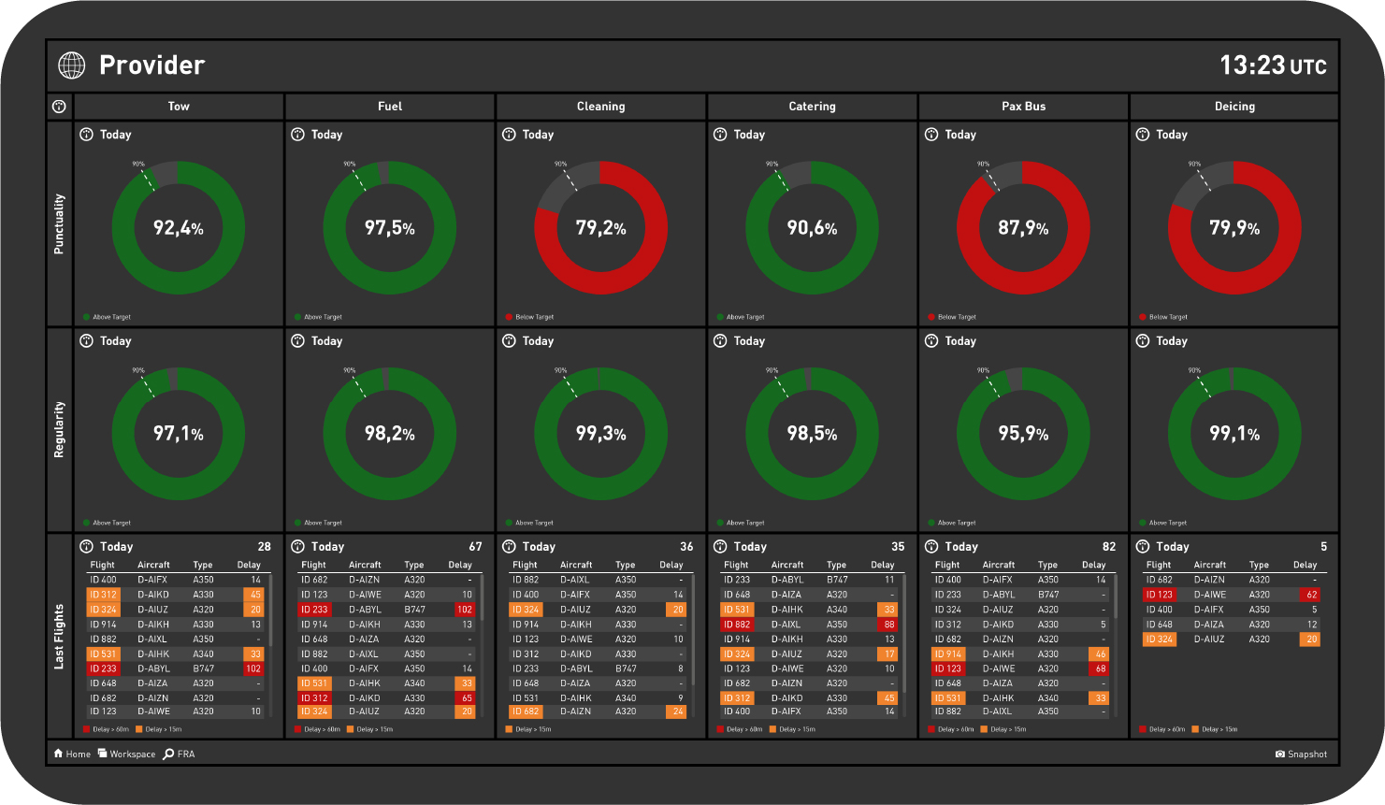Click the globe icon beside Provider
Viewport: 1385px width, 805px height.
point(72,65)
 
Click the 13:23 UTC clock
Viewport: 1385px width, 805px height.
point(1272,65)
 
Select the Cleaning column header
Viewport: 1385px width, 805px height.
point(600,107)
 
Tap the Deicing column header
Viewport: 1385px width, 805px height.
point(1234,107)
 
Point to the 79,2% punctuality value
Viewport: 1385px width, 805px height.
point(600,228)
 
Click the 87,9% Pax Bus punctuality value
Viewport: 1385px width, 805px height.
point(1023,228)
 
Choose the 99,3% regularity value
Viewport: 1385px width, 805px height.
point(600,434)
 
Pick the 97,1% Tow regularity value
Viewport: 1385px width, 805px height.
point(178,434)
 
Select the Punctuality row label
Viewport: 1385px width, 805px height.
point(59,224)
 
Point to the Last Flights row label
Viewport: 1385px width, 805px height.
point(59,636)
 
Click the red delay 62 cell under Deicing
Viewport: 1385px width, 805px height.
point(1311,595)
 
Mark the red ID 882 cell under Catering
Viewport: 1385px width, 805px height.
point(737,625)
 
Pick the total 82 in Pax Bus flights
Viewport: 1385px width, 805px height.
point(1109,547)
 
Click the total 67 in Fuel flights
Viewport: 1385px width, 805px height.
point(475,547)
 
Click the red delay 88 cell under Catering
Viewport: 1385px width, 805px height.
point(888,625)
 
